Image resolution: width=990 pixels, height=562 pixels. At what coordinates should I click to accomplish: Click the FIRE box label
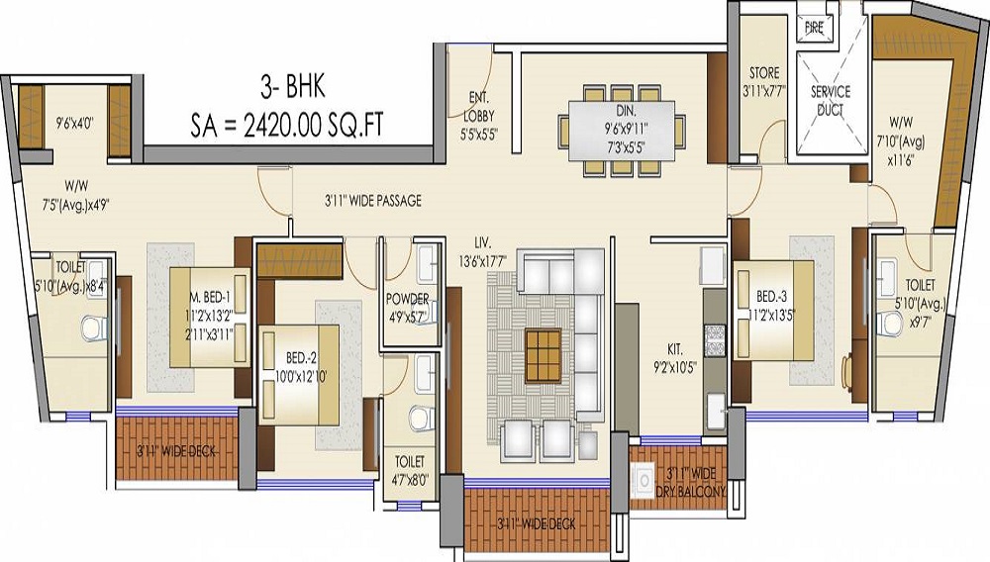click(814, 29)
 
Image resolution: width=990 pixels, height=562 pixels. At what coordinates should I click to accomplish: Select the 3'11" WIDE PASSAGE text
click(372, 201)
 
